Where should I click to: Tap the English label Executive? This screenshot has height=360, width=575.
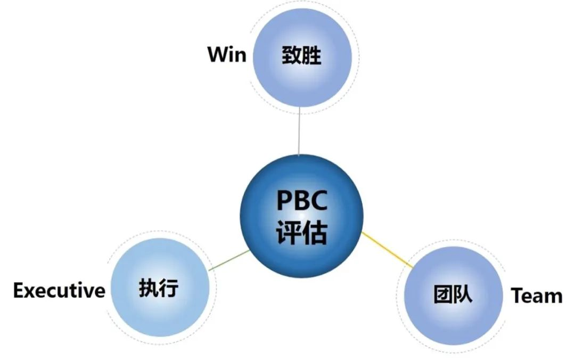click(59, 291)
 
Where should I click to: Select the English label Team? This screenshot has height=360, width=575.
click(537, 296)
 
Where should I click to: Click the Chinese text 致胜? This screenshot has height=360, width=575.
click(302, 55)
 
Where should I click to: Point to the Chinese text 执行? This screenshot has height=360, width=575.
click(158, 289)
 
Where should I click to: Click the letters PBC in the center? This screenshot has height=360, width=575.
click(301, 202)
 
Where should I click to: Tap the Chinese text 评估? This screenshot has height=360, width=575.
click(301, 233)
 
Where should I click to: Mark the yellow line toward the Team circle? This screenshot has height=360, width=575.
click(387, 249)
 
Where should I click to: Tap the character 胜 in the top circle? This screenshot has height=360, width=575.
click(312, 55)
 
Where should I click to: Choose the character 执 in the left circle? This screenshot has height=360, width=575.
click(148, 289)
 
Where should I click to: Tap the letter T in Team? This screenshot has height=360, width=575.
click(517, 296)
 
